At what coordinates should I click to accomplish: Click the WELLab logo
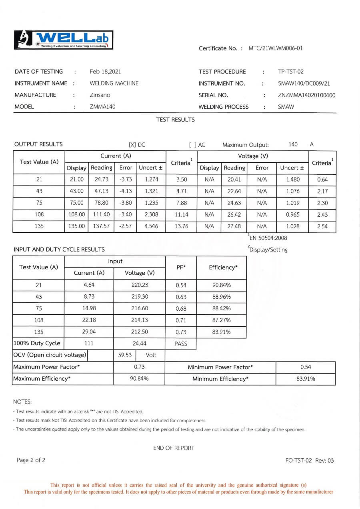(64, 40)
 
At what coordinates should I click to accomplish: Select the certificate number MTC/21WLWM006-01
(276, 48)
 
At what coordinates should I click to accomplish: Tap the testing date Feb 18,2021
(105, 72)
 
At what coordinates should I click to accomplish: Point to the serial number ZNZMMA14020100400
(306, 95)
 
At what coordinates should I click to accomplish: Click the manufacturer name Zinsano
(100, 95)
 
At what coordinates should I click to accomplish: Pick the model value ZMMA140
(102, 107)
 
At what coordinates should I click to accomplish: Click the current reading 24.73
(101, 180)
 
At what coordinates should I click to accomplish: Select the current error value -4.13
(126, 191)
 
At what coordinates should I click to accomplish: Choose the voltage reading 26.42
(234, 215)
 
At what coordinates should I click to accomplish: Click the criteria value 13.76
(182, 226)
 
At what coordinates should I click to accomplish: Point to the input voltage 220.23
(140, 285)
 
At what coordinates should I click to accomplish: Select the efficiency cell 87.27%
(221, 320)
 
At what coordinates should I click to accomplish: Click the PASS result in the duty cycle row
(181, 344)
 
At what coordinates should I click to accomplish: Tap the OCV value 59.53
(125, 355)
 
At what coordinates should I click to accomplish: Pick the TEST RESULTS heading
(176, 120)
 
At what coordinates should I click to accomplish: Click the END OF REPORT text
(174, 448)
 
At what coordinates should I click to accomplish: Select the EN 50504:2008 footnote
(268, 238)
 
